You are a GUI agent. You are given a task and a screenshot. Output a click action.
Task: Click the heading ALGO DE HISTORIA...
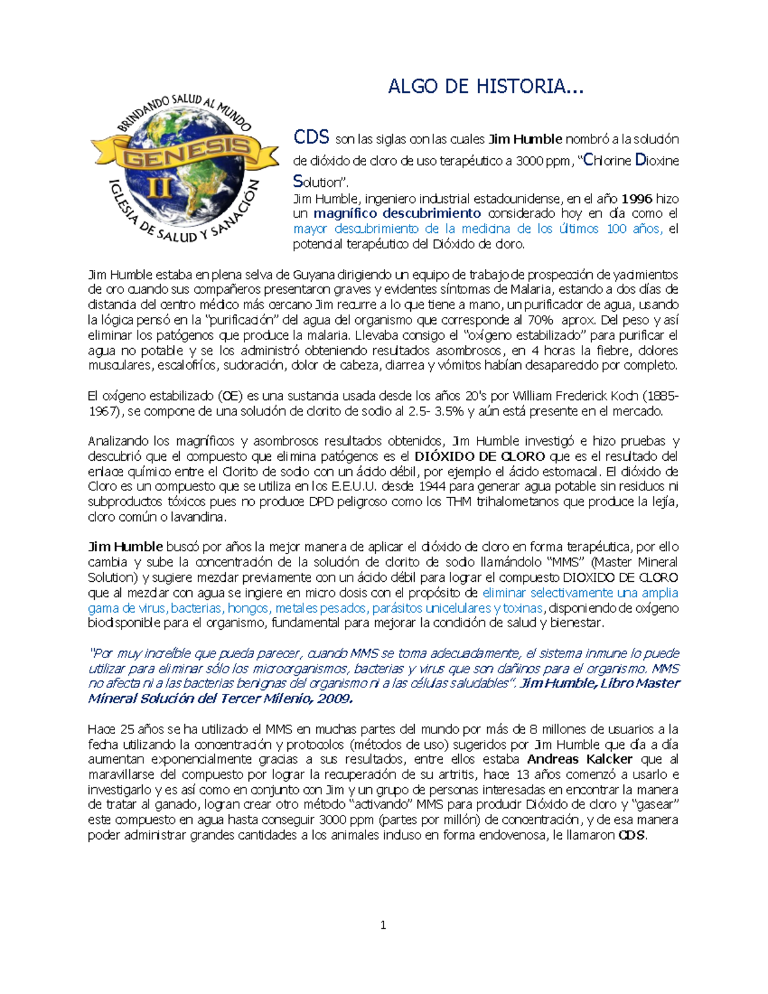coord(485,86)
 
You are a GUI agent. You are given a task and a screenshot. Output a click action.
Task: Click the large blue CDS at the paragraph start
coord(311,137)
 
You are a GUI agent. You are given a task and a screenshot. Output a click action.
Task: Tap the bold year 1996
coord(637,198)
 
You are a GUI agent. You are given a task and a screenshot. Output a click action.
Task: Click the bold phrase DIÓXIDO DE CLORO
coord(479,456)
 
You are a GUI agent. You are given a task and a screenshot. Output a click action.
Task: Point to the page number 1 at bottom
coord(383,925)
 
